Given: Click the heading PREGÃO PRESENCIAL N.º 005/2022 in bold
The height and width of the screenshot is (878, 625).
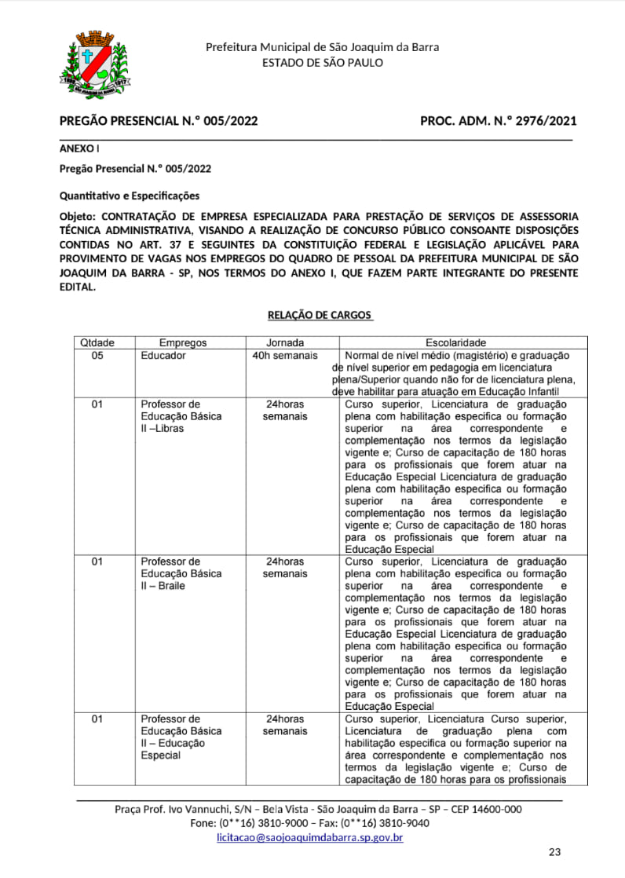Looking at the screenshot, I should click(159, 121).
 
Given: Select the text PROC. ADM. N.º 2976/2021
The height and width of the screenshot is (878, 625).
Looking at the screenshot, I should click(499, 121).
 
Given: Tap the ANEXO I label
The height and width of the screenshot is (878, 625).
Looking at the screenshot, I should click(79, 148).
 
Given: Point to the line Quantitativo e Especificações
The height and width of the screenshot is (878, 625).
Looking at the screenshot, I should click(130, 195).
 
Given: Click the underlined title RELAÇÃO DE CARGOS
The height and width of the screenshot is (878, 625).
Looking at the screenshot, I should click(320, 315).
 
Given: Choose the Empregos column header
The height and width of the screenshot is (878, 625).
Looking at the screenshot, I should click(183, 343).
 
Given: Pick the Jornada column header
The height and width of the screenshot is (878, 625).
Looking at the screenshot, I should click(285, 343).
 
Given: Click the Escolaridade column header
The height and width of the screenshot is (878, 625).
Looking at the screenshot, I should click(455, 343).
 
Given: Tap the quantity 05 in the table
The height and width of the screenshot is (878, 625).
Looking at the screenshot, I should click(97, 356).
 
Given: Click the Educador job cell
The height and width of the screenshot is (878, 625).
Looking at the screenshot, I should click(163, 356).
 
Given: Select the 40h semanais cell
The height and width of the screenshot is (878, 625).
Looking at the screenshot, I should click(285, 356).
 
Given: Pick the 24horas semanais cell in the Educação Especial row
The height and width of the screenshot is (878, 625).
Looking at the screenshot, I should click(285, 725).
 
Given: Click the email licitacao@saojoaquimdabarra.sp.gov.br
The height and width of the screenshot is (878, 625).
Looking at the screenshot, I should click(310, 838).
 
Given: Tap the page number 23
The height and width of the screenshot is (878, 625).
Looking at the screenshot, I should click(555, 852).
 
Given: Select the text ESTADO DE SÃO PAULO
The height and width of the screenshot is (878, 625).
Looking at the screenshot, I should click(323, 62).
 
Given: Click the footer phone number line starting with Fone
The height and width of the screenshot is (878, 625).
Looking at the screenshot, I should click(310, 823).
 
